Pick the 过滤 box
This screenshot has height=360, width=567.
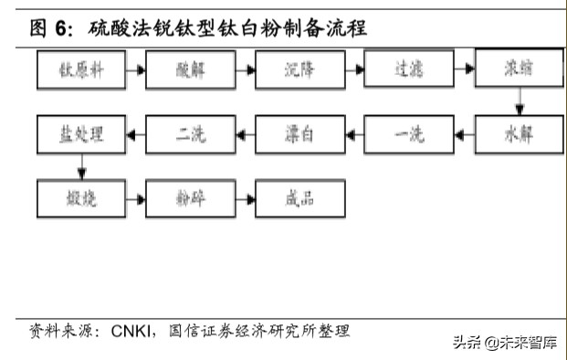[408, 69]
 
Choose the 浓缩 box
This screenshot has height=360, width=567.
[517, 69]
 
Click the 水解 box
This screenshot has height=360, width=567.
[517, 135]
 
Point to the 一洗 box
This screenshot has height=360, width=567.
[408, 135]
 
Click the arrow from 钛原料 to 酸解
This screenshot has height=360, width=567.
[136, 69]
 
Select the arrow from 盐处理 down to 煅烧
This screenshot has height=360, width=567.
[82, 166]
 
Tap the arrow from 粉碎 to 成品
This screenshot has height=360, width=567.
[245, 198]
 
